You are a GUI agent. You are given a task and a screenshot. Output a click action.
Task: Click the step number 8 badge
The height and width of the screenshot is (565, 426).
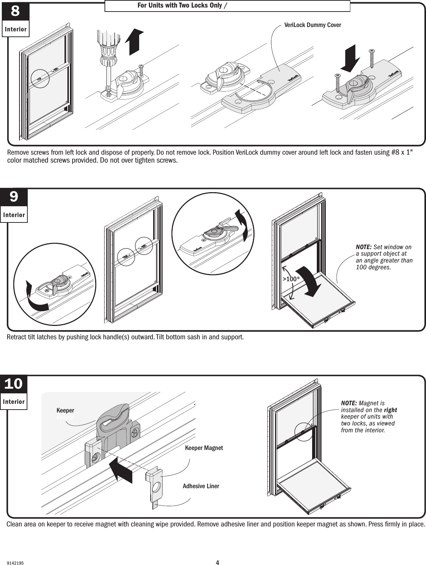pyautogui.click(x=15, y=12)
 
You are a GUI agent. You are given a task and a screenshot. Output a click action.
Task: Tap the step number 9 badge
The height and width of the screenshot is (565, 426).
pyautogui.click(x=14, y=197)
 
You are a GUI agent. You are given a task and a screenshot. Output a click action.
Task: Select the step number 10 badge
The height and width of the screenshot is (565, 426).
pyautogui.click(x=14, y=384)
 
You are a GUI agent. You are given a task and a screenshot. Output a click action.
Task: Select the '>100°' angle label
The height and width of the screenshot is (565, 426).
pyautogui.click(x=291, y=279)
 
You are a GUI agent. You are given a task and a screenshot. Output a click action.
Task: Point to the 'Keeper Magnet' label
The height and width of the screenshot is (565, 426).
pyautogui.click(x=204, y=448)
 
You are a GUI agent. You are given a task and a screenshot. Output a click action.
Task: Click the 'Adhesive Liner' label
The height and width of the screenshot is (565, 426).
pyautogui.click(x=201, y=486)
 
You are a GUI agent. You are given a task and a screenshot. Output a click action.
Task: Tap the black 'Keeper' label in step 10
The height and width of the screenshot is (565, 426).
pyautogui.click(x=65, y=410)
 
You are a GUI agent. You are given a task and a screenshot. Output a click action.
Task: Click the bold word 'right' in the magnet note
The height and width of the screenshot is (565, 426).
pyautogui.click(x=390, y=410)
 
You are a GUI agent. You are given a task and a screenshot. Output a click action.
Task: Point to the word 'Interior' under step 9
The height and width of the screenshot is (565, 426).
pyautogui.click(x=14, y=215)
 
